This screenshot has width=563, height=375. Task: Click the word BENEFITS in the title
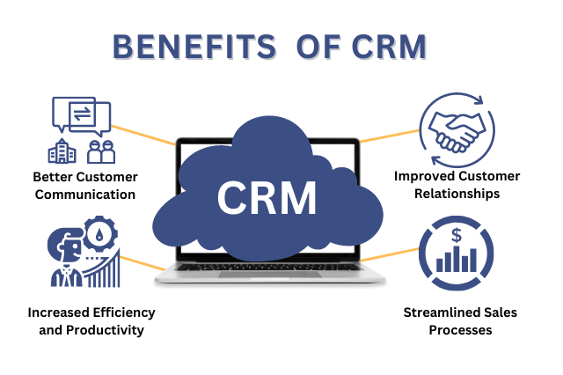194,47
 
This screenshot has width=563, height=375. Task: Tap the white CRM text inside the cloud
267,198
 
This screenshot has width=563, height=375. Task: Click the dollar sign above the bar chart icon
457,236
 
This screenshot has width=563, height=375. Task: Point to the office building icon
62,151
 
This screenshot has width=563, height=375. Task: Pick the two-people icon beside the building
101,152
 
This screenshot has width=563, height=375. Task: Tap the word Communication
85,195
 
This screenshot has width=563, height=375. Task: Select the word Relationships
457,194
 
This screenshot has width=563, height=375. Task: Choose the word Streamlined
438,312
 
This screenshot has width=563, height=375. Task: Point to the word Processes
460,330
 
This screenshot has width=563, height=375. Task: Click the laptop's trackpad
270,275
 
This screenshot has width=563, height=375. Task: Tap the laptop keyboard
270,267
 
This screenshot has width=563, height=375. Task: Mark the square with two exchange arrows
82,114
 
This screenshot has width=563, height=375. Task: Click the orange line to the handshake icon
389,136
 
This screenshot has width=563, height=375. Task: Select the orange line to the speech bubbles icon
143,135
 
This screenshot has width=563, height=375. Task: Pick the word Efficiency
124,312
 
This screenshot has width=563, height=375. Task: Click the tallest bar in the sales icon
457,259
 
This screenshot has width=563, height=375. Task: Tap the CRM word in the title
389,47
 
